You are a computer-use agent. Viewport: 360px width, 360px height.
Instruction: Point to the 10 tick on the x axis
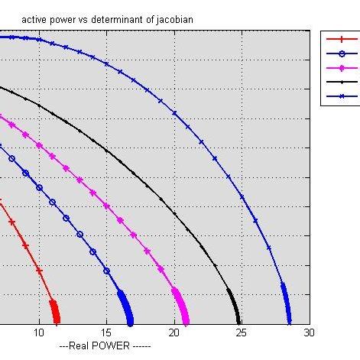[x=38, y=333]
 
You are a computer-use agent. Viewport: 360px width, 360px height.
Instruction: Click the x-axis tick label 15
[x=106, y=333]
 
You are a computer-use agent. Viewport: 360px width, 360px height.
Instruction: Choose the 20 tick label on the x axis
[x=174, y=333]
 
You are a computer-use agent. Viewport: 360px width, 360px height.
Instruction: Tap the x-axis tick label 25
[x=242, y=333]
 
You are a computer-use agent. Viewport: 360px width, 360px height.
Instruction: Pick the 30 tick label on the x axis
[x=308, y=333]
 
